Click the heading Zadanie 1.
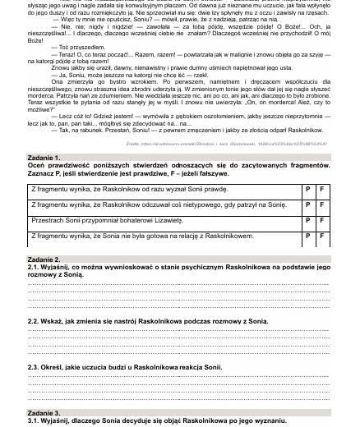pyautogui.click(x=44, y=157)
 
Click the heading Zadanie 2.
pyautogui.click(x=44, y=259)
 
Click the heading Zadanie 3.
pyautogui.click(x=44, y=412)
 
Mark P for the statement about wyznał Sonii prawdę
pyautogui.click(x=307, y=190)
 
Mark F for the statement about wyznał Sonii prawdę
pyautogui.click(x=321, y=190)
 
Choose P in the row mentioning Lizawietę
pyautogui.click(x=307, y=221)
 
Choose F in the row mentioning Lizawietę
pyautogui.click(x=321, y=221)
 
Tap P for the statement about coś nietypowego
pyautogui.click(x=307, y=204)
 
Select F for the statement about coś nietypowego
pyautogui.click(x=321, y=204)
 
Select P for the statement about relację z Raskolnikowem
pyautogui.click(x=307, y=236)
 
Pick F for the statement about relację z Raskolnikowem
pyautogui.click(x=321, y=236)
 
